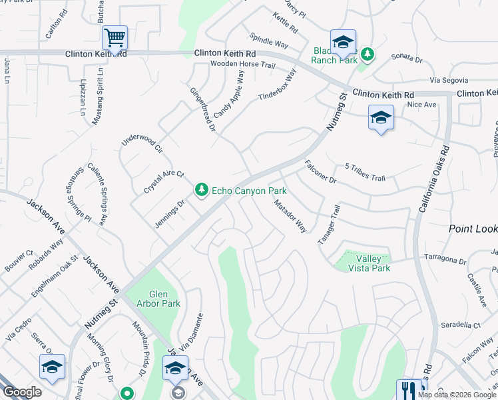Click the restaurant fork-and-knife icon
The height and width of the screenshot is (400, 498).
pyautogui.click(x=409, y=389)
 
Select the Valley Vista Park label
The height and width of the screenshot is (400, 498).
pyautogui.click(x=364, y=263)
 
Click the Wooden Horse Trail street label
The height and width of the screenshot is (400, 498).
pyautogui.click(x=242, y=65)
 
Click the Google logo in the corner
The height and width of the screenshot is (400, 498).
pyautogui.click(x=22, y=392)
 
